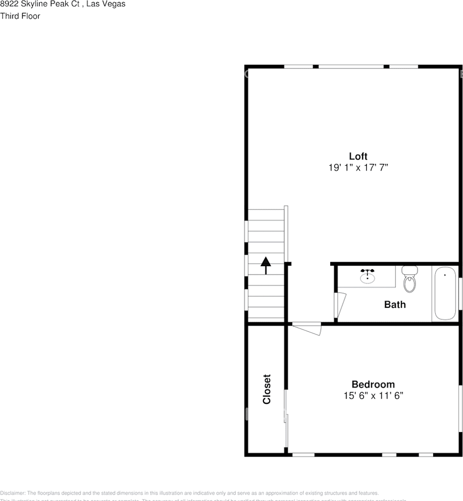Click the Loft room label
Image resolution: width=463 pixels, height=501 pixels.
pos(358,156)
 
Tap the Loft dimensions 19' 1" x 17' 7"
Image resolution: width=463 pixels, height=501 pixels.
pos(358,168)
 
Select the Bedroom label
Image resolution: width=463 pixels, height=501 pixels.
pos(373,385)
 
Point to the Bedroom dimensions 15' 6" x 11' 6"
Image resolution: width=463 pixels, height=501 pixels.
pos(373,396)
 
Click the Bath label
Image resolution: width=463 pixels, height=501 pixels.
pos(395,304)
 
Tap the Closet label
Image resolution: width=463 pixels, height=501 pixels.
pos(267,389)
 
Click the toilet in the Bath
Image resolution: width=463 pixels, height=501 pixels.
pos(410,280)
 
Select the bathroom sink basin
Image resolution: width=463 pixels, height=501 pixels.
pos(367,277)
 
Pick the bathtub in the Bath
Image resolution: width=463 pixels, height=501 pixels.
pos(445,293)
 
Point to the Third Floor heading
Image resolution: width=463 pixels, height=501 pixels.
pos(20,16)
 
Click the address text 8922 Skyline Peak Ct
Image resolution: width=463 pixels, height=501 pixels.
pos(39,4)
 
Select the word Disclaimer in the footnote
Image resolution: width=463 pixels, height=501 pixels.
pos(13,493)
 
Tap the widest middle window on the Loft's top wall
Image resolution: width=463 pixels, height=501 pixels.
pos(351,66)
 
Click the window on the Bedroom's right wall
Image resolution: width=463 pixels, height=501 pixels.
pos(460,409)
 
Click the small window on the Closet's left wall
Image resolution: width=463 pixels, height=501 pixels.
pos(247,414)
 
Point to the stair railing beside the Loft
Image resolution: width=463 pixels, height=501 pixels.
pos(286,233)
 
